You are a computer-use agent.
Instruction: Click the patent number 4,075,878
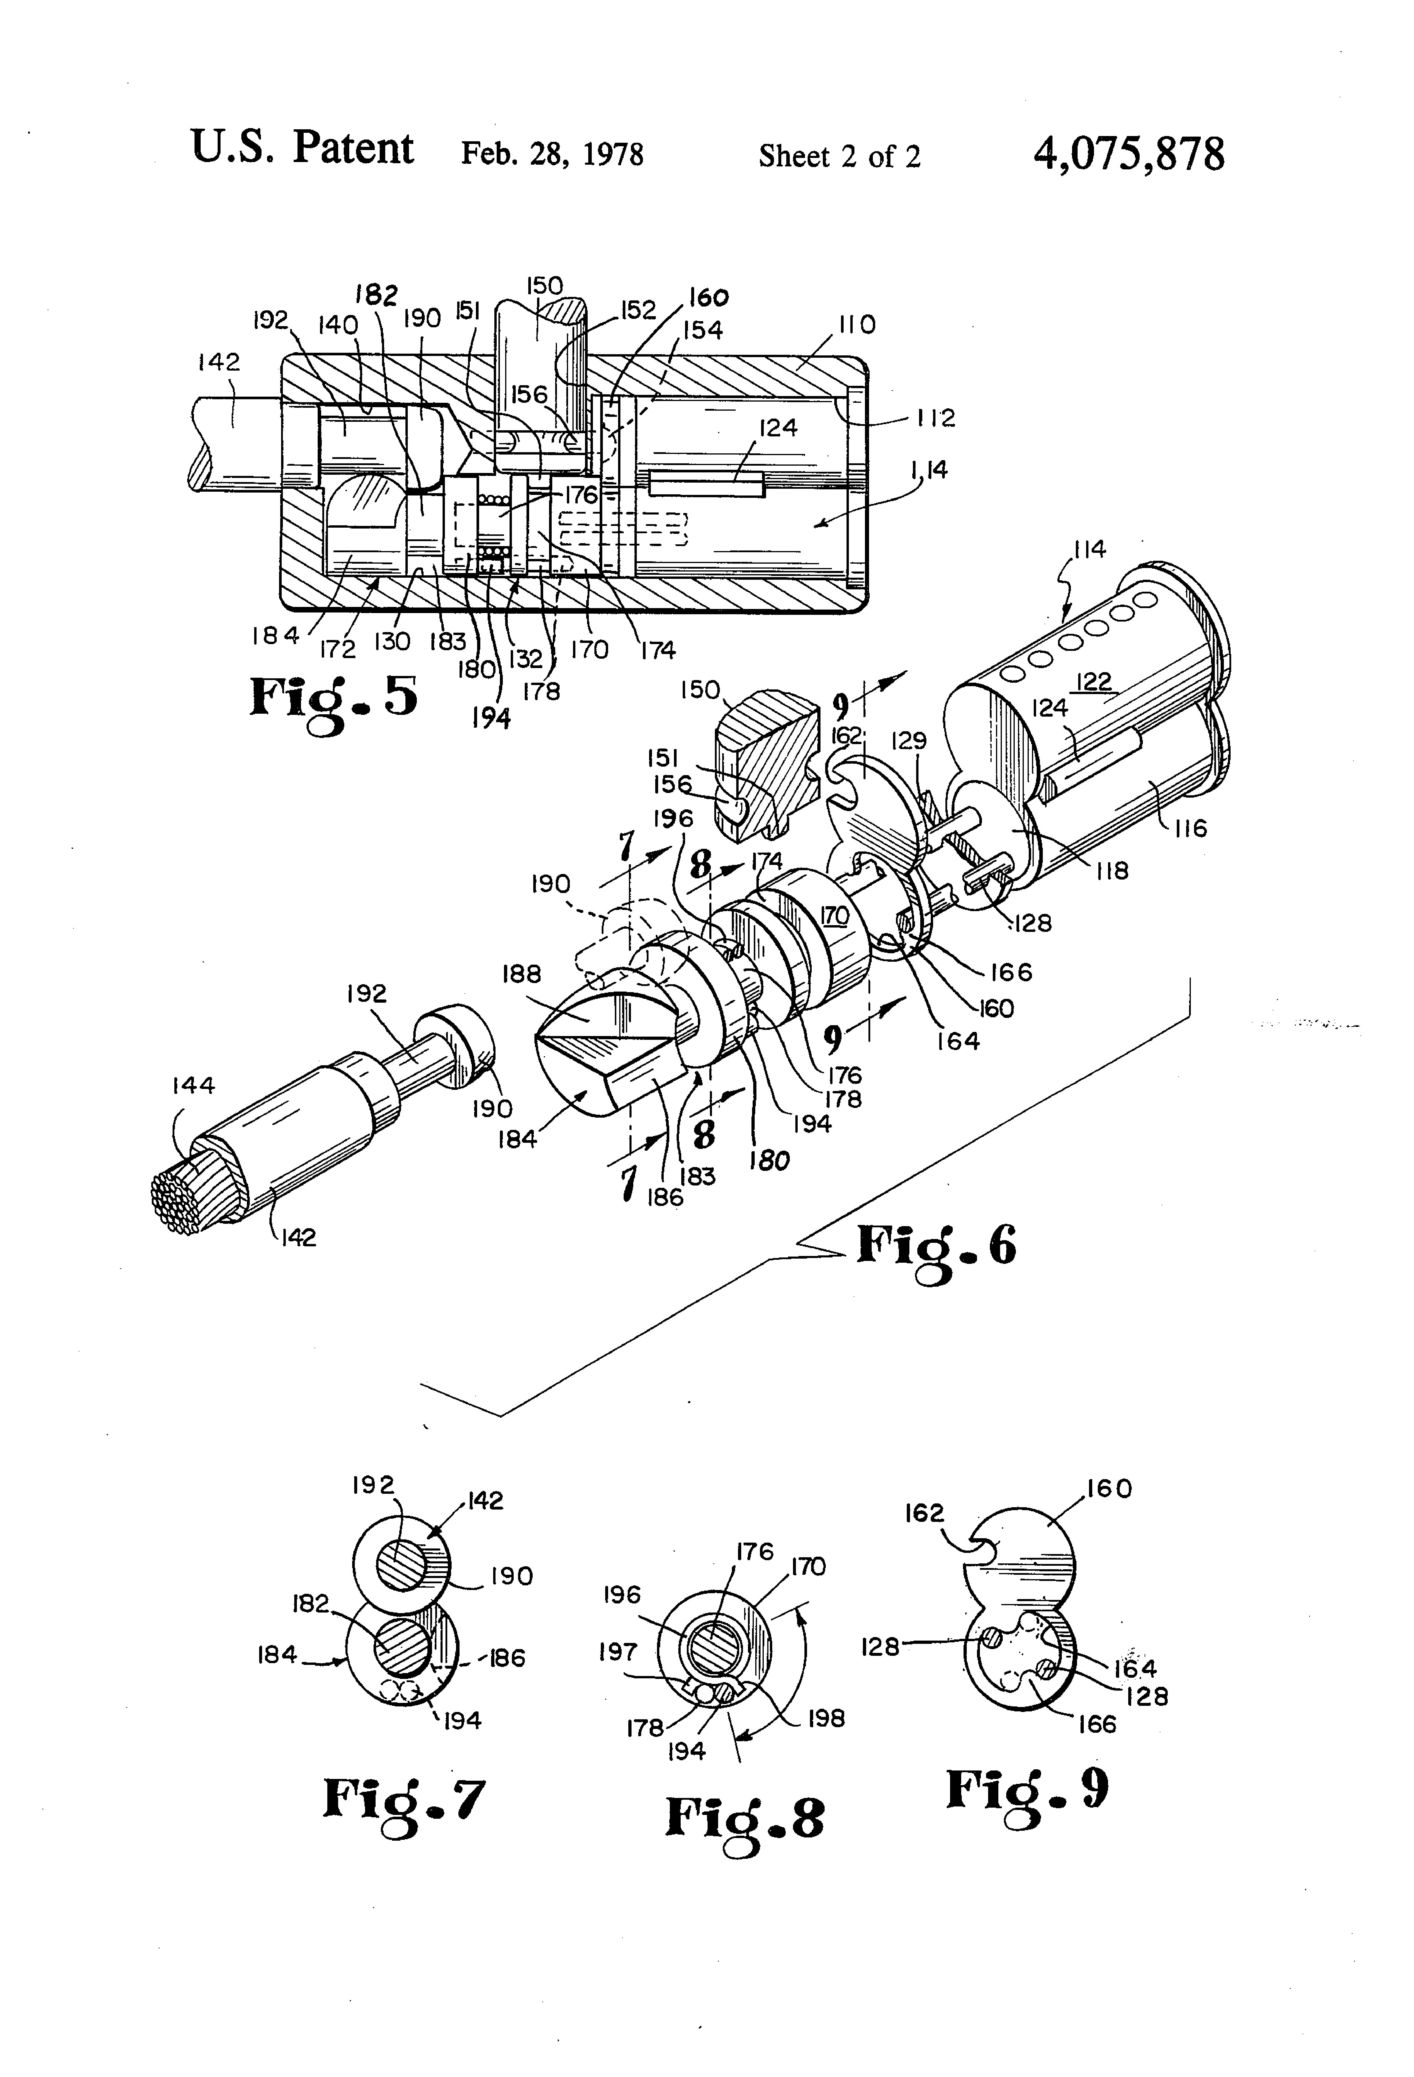(1128, 155)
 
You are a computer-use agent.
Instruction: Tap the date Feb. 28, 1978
(551, 155)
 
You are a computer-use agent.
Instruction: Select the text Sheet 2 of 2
(839, 156)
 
